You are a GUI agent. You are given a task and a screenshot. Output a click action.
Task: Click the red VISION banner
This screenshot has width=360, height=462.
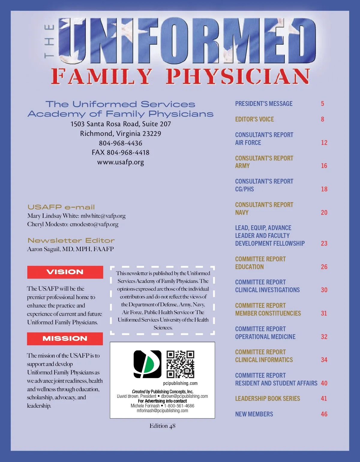click(65, 272)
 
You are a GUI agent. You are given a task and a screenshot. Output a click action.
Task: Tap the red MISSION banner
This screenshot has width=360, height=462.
click(65, 339)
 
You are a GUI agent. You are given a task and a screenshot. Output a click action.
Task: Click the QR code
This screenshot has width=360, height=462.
click(180, 364)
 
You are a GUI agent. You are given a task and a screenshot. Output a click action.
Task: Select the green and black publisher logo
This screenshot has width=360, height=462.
click(147, 364)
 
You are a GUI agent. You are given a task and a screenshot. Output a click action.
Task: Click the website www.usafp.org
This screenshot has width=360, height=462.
click(121, 162)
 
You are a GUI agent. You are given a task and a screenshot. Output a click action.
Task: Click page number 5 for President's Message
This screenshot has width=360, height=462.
click(322, 104)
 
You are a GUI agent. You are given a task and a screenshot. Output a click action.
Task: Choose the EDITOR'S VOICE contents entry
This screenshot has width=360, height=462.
click(254, 119)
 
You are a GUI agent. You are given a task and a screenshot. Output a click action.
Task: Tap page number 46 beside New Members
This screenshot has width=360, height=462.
click(324, 414)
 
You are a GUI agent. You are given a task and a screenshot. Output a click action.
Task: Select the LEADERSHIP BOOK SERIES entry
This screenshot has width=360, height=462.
click(267, 399)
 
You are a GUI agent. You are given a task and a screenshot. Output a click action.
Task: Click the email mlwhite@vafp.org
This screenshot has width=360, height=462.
click(103, 216)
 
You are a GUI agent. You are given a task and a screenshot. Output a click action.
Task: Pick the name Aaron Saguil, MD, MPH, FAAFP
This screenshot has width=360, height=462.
click(70, 249)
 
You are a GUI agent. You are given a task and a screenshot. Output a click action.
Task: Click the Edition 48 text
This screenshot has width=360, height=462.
click(162, 426)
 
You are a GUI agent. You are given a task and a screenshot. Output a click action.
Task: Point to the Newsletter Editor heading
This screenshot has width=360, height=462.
click(71, 241)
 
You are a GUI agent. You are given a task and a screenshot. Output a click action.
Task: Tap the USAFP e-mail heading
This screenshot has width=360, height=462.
click(61, 207)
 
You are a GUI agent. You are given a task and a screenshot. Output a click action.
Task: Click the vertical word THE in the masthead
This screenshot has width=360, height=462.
click(49, 41)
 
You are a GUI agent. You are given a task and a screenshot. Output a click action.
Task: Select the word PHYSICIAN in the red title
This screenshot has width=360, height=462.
click(238, 76)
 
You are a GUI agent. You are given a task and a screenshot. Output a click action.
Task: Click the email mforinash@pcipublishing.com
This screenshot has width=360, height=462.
click(162, 411)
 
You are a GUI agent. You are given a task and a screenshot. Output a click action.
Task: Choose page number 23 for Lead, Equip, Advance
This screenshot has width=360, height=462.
click(324, 244)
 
